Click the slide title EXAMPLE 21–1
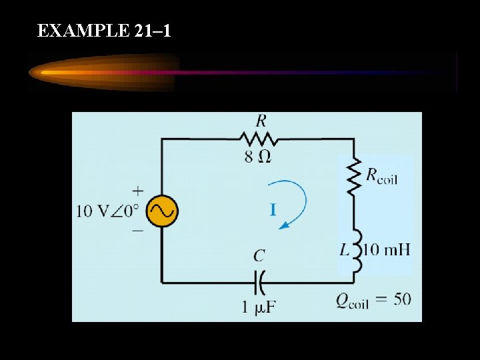click(x=105, y=31)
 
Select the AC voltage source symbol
click(x=161, y=211)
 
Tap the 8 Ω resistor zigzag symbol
click(x=258, y=139)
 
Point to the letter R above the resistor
click(x=261, y=121)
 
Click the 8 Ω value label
click(x=258, y=157)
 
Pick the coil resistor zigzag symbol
click(x=353, y=175)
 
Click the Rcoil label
click(x=381, y=177)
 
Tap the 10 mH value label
click(x=386, y=250)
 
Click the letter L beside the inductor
click(x=344, y=251)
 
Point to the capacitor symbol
click(x=259, y=283)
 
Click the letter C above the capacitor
click(x=259, y=256)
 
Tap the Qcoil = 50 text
click(x=373, y=299)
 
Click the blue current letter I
click(x=273, y=211)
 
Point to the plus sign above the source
click(x=138, y=190)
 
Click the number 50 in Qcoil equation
click(x=402, y=299)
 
